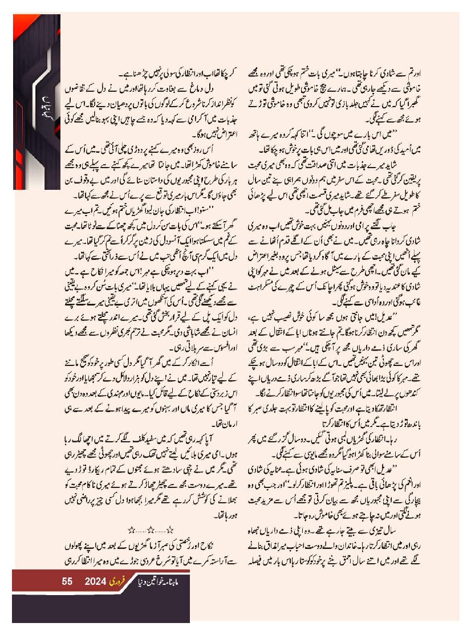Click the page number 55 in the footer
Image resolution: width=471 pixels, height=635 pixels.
point(67,582)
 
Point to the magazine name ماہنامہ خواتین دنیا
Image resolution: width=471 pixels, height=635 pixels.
point(165,582)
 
